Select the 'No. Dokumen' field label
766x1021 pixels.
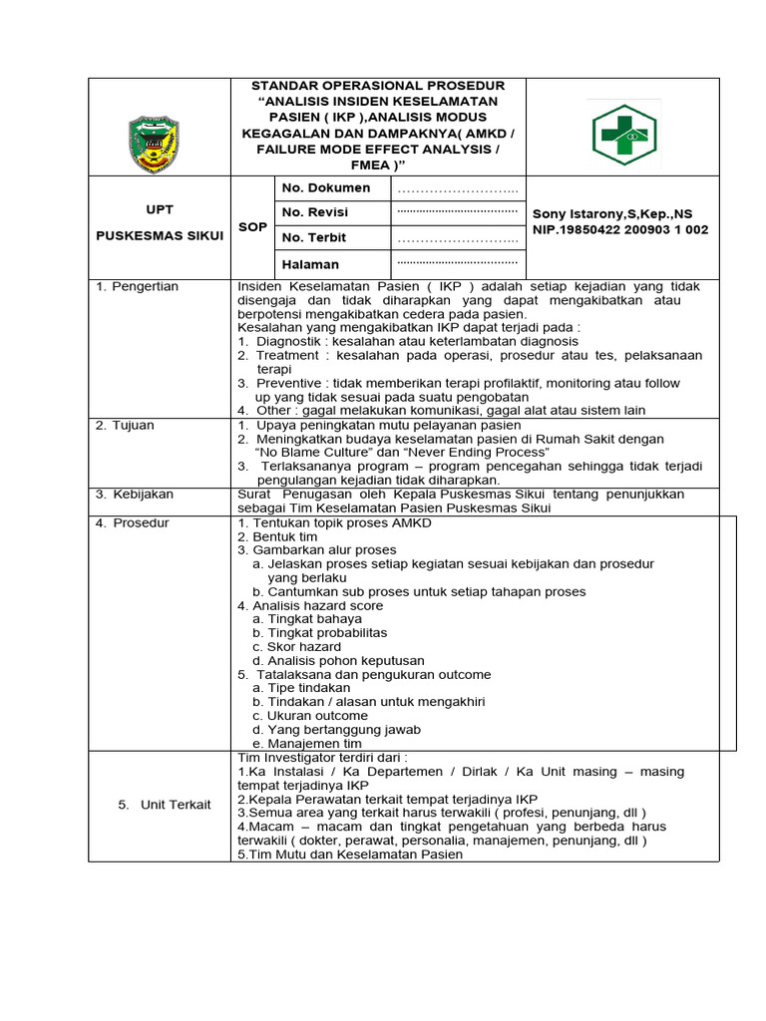pos(325,188)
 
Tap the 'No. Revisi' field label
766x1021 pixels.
pos(315,212)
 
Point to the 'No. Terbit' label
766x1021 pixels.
pos(315,237)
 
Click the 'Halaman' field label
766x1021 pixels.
pos(310,264)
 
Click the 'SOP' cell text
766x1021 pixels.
pos(252,227)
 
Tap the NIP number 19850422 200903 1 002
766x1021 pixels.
pos(620,229)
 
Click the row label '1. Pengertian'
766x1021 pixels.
pos(137,287)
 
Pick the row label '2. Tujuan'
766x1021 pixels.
pos(126,425)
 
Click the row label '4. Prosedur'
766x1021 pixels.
pos(132,522)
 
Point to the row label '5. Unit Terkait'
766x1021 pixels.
pos(165,805)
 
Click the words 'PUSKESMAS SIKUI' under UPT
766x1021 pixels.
pos(159,235)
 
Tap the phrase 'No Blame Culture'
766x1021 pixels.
pos(316,453)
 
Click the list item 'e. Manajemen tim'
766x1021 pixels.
pos(306,743)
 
